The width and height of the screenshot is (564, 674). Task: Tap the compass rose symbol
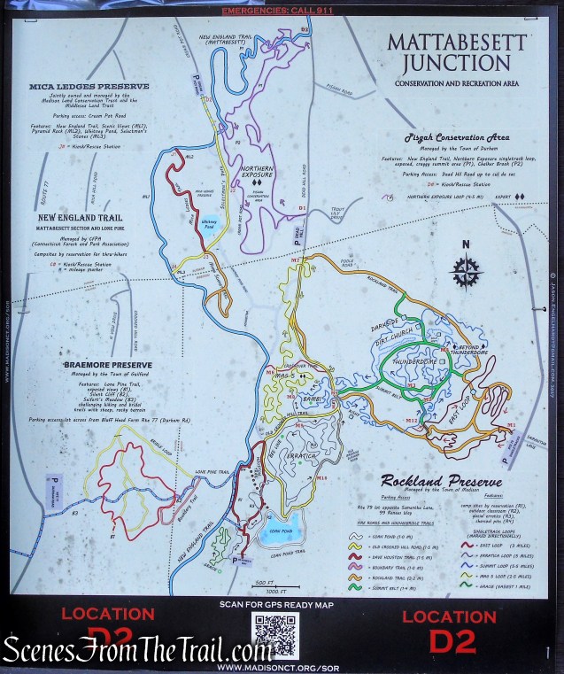[x=466, y=270]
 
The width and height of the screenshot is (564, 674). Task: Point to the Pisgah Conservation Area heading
[x=457, y=137]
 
